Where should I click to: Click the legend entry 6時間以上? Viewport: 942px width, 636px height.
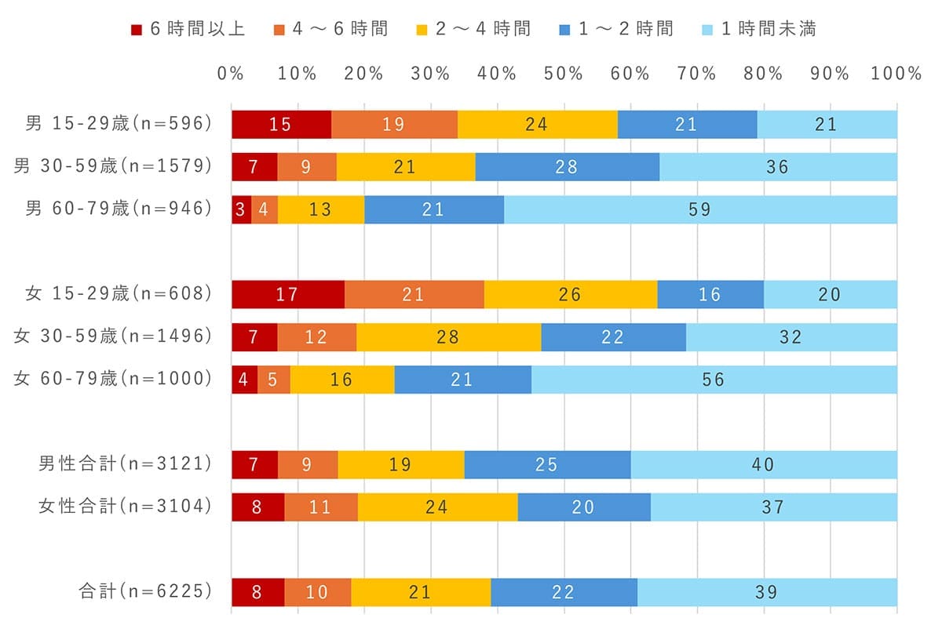[188, 29]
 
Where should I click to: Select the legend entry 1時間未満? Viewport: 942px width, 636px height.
[758, 29]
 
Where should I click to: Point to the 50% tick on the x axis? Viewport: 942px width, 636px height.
[564, 74]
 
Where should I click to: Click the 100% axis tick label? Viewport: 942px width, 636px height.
[896, 74]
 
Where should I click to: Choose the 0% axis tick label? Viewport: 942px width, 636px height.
[232, 74]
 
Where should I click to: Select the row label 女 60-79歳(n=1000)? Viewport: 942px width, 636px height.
[113, 379]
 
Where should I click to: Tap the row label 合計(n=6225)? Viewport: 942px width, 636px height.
[145, 591]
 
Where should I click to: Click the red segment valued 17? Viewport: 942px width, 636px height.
[287, 295]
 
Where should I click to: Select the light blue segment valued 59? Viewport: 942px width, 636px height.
[700, 209]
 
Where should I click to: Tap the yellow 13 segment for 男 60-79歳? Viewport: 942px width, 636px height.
[321, 209]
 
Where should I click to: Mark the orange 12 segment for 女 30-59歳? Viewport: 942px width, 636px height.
[317, 337]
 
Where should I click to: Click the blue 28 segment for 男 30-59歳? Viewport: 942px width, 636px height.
[567, 167]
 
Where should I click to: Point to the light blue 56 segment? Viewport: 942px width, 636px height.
[714, 380]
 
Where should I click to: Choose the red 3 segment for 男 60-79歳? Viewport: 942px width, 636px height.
[241, 209]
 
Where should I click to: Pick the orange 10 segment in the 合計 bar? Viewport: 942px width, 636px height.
[317, 592]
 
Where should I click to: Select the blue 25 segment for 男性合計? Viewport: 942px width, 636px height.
[547, 465]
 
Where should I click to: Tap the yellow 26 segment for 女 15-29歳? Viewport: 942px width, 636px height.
[571, 295]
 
